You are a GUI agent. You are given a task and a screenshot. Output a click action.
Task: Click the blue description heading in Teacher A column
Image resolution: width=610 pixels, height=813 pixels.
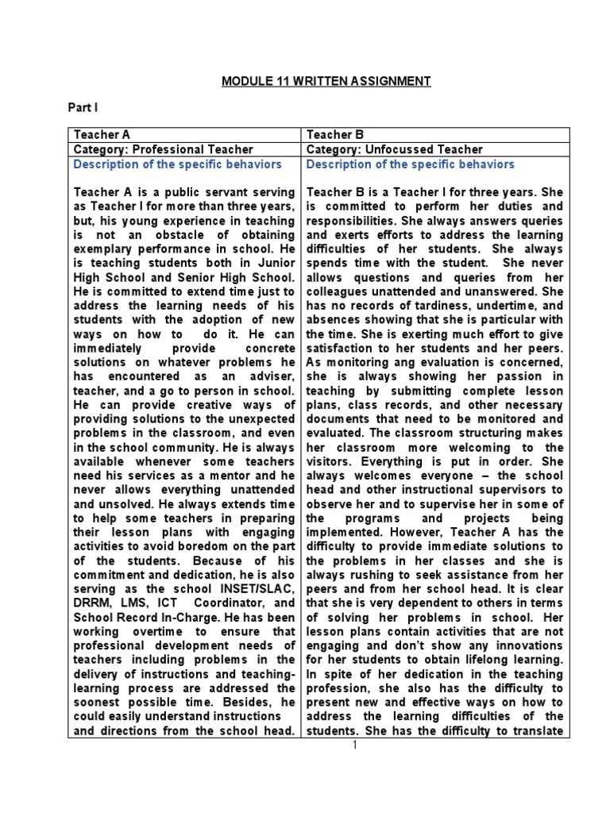coord(177,164)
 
